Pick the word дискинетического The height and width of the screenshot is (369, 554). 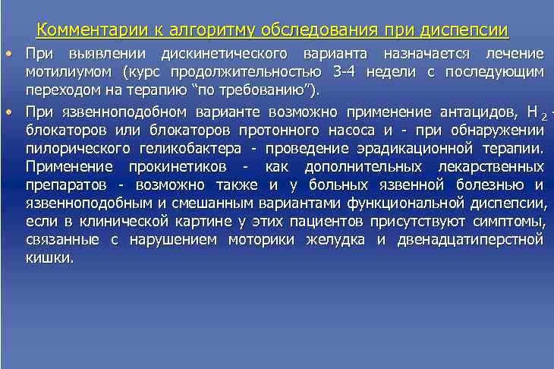tap(225, 54)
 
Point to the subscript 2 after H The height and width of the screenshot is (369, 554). tap(543, 115)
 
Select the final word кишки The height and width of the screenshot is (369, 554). tap(49, 258)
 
